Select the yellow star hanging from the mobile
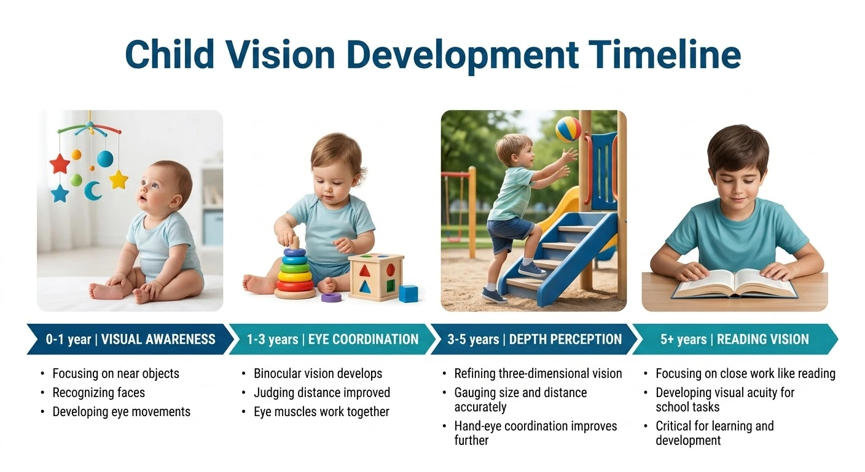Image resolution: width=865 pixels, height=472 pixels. pyautogui.click(x=119, y=179)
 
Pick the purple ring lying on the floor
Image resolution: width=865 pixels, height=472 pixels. pyautogui.click(x=331, y=297)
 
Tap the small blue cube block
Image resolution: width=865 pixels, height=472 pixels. pyautogui.click(x=408, y=293)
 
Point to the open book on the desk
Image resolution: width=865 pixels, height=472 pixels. pyautogui.click(x=734, y=283)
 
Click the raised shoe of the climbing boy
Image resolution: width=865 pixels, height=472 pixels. pyautogui.click(x=531, y=269)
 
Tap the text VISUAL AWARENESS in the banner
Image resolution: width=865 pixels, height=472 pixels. pyautogui.click(x=159, y=339)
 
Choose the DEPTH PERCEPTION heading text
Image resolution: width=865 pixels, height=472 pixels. pyautogui.click(x=565, y=339)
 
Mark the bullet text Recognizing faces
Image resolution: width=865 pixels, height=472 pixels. pyautogui.click(x=98, y=392)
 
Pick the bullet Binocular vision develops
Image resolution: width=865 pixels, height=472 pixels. pyautogui.click(x=318, y=374)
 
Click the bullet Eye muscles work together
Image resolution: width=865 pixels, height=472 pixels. pyautogui.click(x=321, y=412)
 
